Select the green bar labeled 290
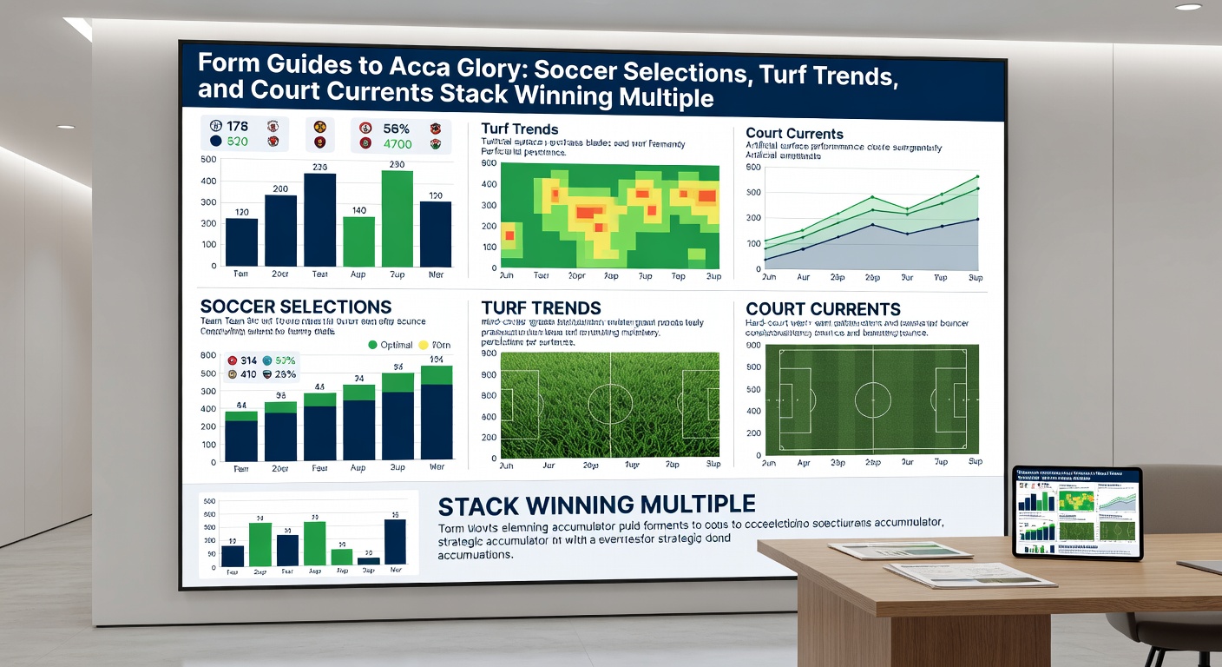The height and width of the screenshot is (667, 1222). [397, 219]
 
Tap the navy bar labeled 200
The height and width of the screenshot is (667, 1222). [280, 230]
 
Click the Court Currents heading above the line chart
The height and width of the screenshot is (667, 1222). [794, 134]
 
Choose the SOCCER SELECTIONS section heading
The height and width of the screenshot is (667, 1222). [295, 307]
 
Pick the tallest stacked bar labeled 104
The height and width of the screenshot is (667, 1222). [437, 413]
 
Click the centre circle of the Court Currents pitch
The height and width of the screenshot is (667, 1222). [872, 400]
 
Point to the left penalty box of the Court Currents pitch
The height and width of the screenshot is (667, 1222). [795, 400]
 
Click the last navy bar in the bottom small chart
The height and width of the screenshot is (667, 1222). [394, 542]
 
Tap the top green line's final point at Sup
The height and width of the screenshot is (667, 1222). [977, 176]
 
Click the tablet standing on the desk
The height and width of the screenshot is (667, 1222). [1077, 512]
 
